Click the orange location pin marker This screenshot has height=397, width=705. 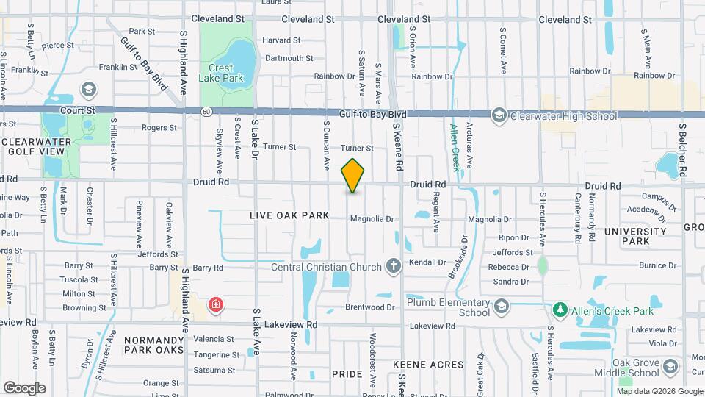[352, 176]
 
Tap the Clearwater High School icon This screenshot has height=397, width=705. [499, 115]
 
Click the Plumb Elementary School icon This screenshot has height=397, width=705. [501, 306]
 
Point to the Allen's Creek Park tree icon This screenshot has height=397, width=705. [560, 309]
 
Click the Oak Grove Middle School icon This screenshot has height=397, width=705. [670, 367]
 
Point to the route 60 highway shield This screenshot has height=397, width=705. [207, 111]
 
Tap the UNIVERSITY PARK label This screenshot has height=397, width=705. [637, 236]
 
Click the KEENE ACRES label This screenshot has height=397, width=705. [428, 365]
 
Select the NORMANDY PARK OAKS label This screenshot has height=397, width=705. [153, 346]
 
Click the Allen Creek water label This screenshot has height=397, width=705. [455, 147]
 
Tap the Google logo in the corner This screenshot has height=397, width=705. [24, 387]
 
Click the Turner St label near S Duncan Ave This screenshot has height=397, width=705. [279, 147]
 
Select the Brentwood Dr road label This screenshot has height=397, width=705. [371, 307]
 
